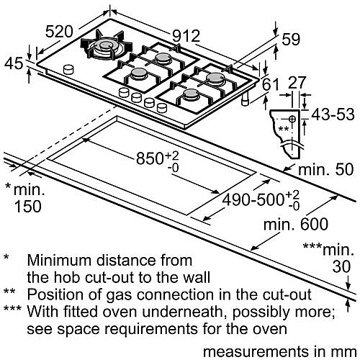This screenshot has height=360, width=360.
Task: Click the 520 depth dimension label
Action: point(59,32)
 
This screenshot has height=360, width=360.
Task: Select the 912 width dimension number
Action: point(186,36)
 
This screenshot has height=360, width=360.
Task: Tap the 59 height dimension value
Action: point(291,40)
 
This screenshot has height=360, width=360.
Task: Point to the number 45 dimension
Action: point(14,63)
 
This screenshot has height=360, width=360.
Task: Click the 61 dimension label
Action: point(271,84)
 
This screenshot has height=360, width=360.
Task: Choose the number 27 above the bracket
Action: point(297,83)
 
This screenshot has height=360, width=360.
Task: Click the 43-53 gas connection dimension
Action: point(333,114)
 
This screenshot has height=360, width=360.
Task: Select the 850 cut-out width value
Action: point(150,158)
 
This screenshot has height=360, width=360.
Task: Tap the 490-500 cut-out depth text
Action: point(253,200)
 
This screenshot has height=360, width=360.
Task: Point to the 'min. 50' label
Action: point(325,169)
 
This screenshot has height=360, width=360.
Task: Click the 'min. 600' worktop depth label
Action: point(296,225)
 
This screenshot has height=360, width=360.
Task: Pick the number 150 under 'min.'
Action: point(28,207)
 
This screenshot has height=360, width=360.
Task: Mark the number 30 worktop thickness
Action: point(341,266)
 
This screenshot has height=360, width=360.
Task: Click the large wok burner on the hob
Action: point(107,45)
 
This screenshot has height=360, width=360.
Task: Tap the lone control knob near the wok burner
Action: point(68,70)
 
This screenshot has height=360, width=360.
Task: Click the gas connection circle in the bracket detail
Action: point(292,118)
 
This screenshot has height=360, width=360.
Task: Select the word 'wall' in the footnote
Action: point(197,277)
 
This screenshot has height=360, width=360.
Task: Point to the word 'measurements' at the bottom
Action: point(256,352)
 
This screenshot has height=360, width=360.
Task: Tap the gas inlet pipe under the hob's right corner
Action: point(246,100)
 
